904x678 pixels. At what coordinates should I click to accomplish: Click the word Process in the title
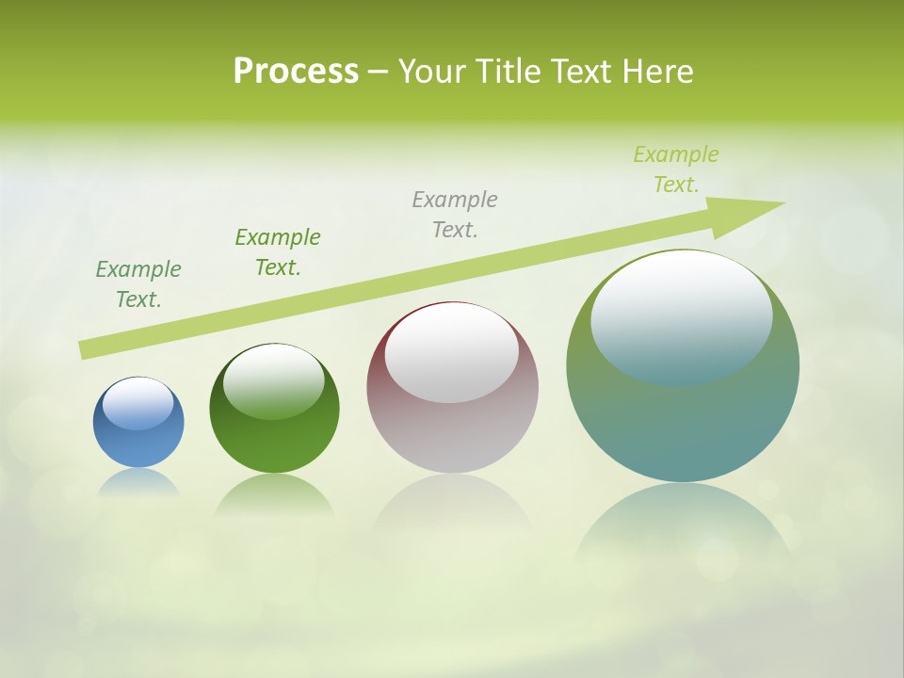click(296, 72)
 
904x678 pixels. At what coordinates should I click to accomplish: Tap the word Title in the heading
click(507, 72)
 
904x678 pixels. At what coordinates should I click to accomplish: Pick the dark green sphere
click(274, 443)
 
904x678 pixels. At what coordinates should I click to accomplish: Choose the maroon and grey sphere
click(452, 433)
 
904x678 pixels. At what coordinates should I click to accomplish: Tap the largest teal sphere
click(683, 424)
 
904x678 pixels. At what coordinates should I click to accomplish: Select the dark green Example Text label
click(278, 252)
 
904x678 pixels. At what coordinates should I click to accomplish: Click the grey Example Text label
click(455, 215)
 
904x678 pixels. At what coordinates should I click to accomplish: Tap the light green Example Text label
click(676, 169)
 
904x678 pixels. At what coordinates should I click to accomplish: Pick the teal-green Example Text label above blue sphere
click(138, 284)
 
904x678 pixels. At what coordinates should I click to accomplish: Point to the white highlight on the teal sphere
click(682, 315)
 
